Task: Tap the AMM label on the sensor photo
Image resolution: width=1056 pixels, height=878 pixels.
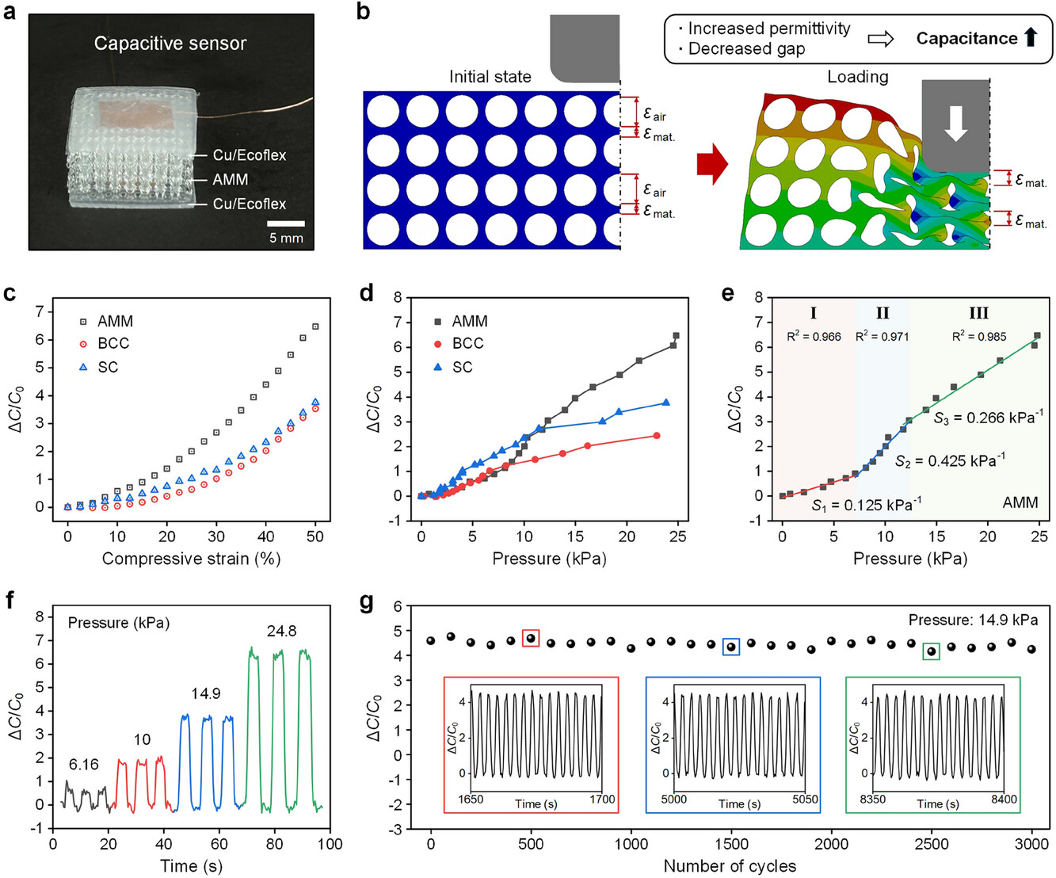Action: pyautogui.click(x=230, y=180)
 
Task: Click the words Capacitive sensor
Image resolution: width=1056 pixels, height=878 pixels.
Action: pyautogui.click(x=170, y=44)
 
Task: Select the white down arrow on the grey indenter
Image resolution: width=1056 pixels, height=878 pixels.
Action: pyautogui.click(x=956, y=123)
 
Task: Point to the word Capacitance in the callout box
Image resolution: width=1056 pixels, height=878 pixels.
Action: pyautogui.click(x=966, y=38)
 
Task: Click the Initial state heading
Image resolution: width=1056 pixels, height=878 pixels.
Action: pyautogui.click(x=490, y=77)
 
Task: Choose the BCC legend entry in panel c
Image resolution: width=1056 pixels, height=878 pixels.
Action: pyautogui.click(x=113, y=343)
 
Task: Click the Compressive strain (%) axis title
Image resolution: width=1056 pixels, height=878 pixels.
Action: pyautogui.click(x=191, y=559)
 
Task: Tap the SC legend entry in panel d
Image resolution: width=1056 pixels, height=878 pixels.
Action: pyautogui.click(x=462, y=367)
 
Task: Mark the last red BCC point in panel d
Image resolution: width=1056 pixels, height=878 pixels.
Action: pyautogui.click(x=657, y=435)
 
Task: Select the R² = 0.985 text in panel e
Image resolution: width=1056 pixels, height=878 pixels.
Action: pyautogui.click(x=979, y=336)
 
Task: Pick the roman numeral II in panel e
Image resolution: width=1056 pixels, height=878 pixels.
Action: pyautogui.click(x=883, y=313)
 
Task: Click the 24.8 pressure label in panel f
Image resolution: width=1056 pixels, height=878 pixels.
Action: pyautogui.click(x=281, y=631)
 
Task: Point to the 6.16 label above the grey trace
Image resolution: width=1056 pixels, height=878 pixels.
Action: pyautogui.click(x=83, y=765)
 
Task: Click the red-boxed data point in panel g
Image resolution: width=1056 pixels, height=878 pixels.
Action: pyautogui.click(x=531, y=638)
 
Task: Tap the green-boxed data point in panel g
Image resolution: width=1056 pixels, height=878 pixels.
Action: pyautogui.click(x=932, y=651)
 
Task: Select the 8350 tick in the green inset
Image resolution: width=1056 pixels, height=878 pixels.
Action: pyautogui.click(x=872, y=800)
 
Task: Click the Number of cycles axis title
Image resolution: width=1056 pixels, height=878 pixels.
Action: pyautogui.click(x=730, y=865)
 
